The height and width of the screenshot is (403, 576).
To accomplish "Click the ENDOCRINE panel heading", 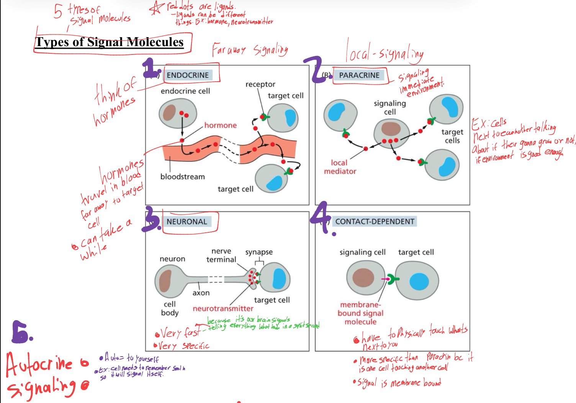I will point(188,75).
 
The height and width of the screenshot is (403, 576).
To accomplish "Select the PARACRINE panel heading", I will point(359,75).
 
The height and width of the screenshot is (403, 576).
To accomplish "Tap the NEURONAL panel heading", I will point(187,222).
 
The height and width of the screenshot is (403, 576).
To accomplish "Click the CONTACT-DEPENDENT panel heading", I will point(375,221).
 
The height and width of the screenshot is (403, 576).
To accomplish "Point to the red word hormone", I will point(220,125).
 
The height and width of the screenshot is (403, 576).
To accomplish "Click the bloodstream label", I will point(182,177).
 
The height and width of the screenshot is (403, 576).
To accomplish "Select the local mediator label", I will point(340,167).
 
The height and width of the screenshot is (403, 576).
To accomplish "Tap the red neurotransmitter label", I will point(223,309).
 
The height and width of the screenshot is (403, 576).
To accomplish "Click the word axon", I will point(201,293).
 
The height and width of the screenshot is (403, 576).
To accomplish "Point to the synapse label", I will point(259,252).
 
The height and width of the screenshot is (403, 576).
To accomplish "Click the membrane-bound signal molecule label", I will point(360,313).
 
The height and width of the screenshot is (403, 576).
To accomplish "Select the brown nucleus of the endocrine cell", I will point(169,112).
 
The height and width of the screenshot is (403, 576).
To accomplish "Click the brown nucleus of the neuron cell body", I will point(165,281).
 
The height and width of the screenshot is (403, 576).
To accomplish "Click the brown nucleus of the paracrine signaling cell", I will point(391,129).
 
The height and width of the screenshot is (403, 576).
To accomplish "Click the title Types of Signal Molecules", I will point(110,42).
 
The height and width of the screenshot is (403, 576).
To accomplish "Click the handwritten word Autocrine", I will point(39,364).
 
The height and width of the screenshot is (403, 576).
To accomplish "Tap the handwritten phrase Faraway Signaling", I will point(250,50).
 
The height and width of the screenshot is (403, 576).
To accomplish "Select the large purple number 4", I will point(323,216).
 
